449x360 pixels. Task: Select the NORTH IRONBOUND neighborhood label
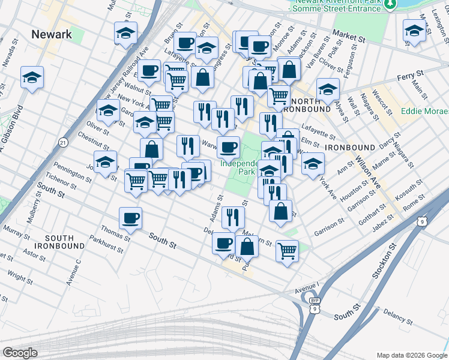click(309, 105)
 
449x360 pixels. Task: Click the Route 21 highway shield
click(63, 142)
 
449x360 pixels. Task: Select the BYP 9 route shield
click(314, 304)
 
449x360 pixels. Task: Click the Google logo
click(20, 353)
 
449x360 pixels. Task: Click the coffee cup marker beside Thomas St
click(130, 220)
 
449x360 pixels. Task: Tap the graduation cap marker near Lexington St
click(414, 31)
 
